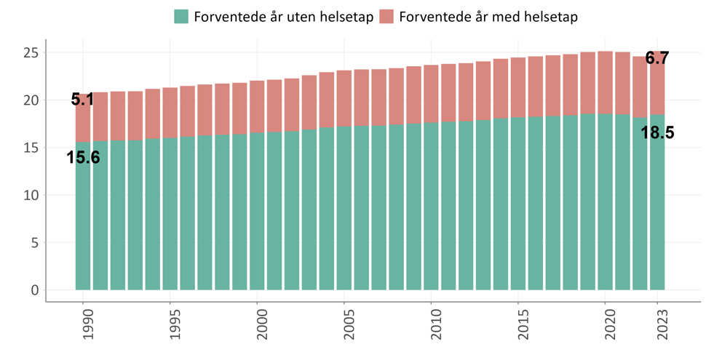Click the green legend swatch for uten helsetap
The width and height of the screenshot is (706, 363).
181,16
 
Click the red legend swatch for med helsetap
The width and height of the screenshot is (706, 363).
387,16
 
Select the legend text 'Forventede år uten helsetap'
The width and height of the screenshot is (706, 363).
283,16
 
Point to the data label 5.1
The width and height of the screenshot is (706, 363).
82,100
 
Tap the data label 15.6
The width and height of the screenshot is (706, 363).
83,156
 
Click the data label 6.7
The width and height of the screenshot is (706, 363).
657,58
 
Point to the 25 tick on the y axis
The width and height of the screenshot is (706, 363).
30,52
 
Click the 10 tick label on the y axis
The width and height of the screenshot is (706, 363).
30,195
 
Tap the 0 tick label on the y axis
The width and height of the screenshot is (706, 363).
34,290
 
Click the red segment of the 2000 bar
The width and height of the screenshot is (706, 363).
257,107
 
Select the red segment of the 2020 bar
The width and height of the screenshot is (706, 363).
605,93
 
